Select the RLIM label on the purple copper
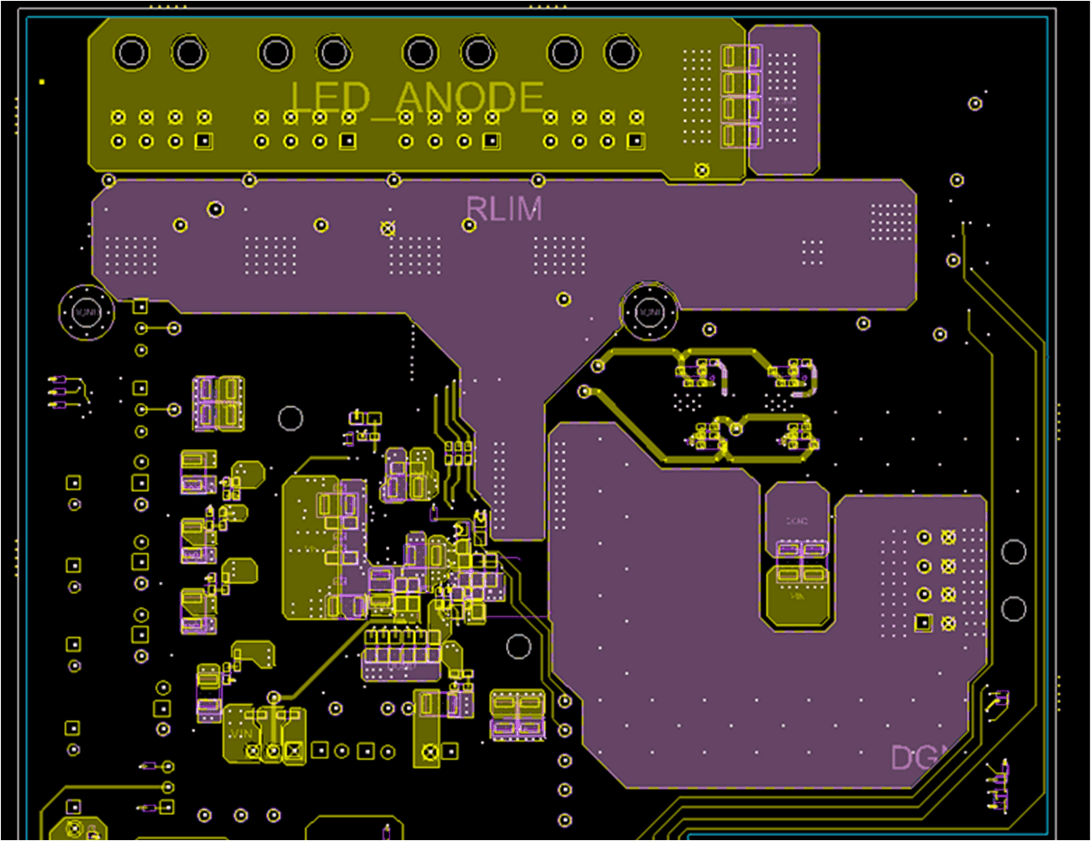[x=504, y=209]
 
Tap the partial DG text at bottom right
[x=916, y=759]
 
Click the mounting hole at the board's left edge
[x=87, y=312]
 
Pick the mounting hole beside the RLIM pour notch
[x=650, y=312]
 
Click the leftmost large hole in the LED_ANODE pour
[x=132, y=53]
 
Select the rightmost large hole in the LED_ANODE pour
[x=622, y=53]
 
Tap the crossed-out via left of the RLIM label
[x=387, y=228]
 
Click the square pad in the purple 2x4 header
[x=923, y=623]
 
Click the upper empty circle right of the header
[x=1014, y=552]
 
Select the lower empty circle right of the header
[x=1014, y=608]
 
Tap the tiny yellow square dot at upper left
[x=42, y=82]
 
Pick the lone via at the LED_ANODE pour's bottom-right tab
[x=702, y=170]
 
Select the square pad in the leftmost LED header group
[x=203, y=141]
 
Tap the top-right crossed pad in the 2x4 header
[x=949, y=537]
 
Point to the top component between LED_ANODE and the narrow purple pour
[x=741, y=57]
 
